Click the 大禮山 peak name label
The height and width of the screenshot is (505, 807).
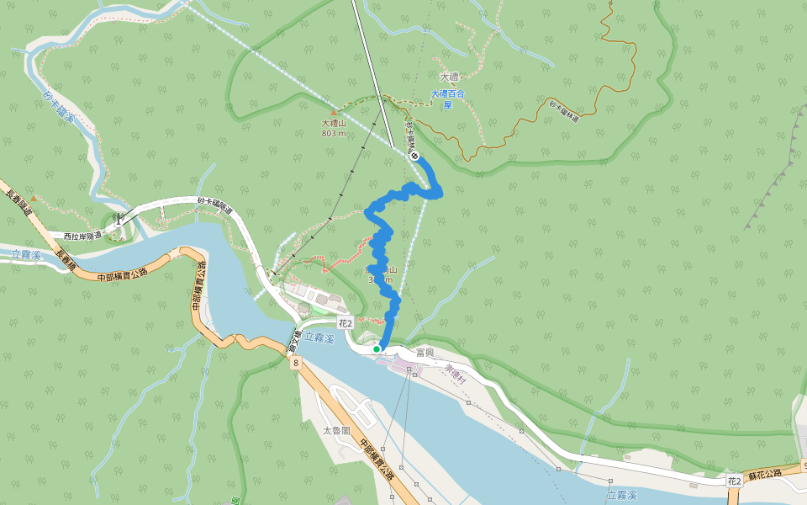[x=334, y=123]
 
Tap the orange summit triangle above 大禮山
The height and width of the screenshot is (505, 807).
[x=334, y=112]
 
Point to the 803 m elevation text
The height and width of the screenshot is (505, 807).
[x=334, y=133]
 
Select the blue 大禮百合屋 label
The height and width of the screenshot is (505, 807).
[x=447, y=99]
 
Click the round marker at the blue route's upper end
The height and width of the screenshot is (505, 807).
[x=414, y=156]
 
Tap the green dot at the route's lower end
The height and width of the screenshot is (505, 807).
[x=377, y=348]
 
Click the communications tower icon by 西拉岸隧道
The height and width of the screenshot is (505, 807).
[x=119, y=218]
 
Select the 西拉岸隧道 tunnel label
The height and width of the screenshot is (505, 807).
[x=82, y=236]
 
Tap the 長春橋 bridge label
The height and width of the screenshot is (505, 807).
[x=66, y=258]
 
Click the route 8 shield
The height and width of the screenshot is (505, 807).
[x=295, y=364]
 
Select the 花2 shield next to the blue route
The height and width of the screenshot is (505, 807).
[x=345, y=322]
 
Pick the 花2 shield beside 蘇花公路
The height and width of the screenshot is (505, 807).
[x=734, y=481]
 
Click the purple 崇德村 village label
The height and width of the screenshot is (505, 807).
[x=455, y=376]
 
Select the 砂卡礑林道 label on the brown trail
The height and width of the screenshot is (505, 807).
[x=564, y=112]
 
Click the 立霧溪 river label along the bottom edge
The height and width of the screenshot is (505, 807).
[x=621, y=496]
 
